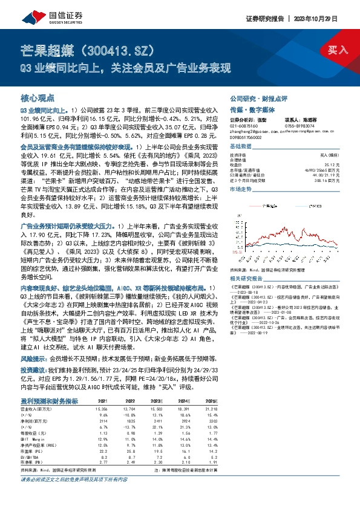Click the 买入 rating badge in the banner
(x=338, y=49)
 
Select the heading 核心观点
(x=38, y=97)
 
